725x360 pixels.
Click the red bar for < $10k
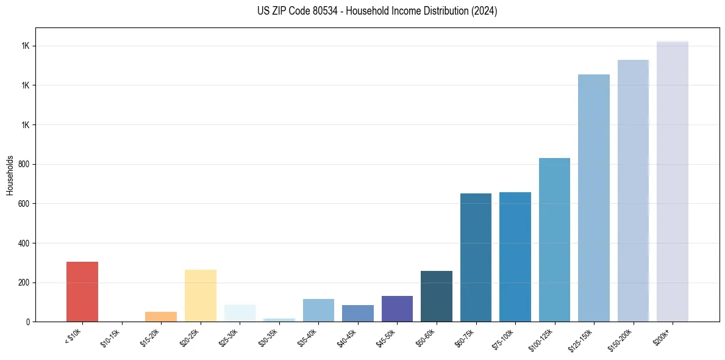82,292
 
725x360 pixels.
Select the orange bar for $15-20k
161,317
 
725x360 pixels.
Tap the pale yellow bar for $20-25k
201,295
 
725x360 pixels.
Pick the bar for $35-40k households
318,310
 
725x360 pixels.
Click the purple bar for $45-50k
397,309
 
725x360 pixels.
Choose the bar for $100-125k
554,240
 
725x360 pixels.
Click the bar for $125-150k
594,198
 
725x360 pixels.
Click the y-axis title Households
10,175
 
